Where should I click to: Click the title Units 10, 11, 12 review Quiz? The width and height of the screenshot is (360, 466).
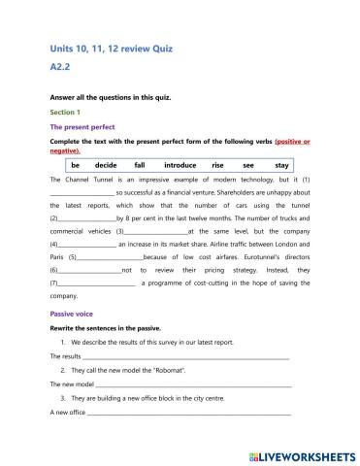109,48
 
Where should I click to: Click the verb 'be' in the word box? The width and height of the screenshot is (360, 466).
74,166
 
